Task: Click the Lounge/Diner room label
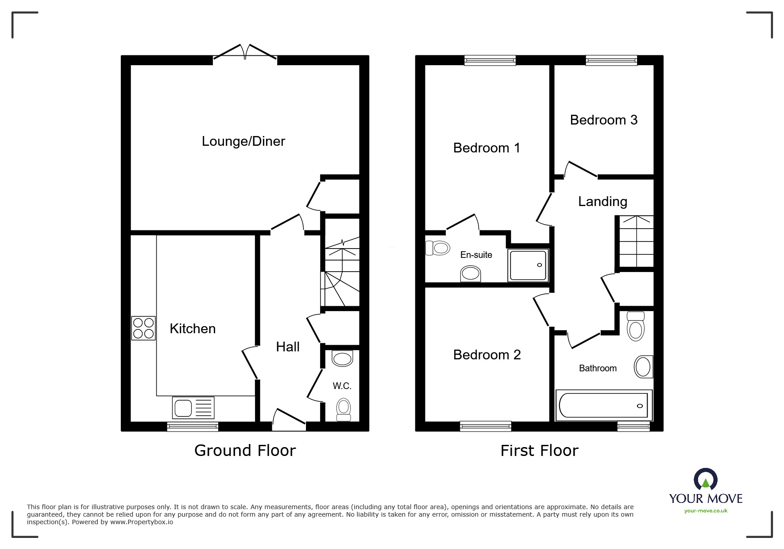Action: coord(243,141)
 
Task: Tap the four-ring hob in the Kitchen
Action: coord(143,328)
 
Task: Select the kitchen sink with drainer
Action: coord(194,408)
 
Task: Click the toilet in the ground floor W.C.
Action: coord(344,409)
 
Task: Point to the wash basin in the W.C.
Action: coord(342,358)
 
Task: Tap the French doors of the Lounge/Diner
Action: coord(245,52)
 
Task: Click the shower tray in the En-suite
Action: coord(528,265)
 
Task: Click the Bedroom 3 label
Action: coord(603,120)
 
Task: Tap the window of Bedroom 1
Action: coord(490,60)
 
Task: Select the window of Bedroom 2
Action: coord(485,426)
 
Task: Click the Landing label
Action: coord(602,202)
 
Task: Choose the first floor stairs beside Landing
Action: coord(636,241)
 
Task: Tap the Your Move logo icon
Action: coord(705,480)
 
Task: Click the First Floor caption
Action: coord(539,451)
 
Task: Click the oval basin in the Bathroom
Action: coord(643,366)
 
